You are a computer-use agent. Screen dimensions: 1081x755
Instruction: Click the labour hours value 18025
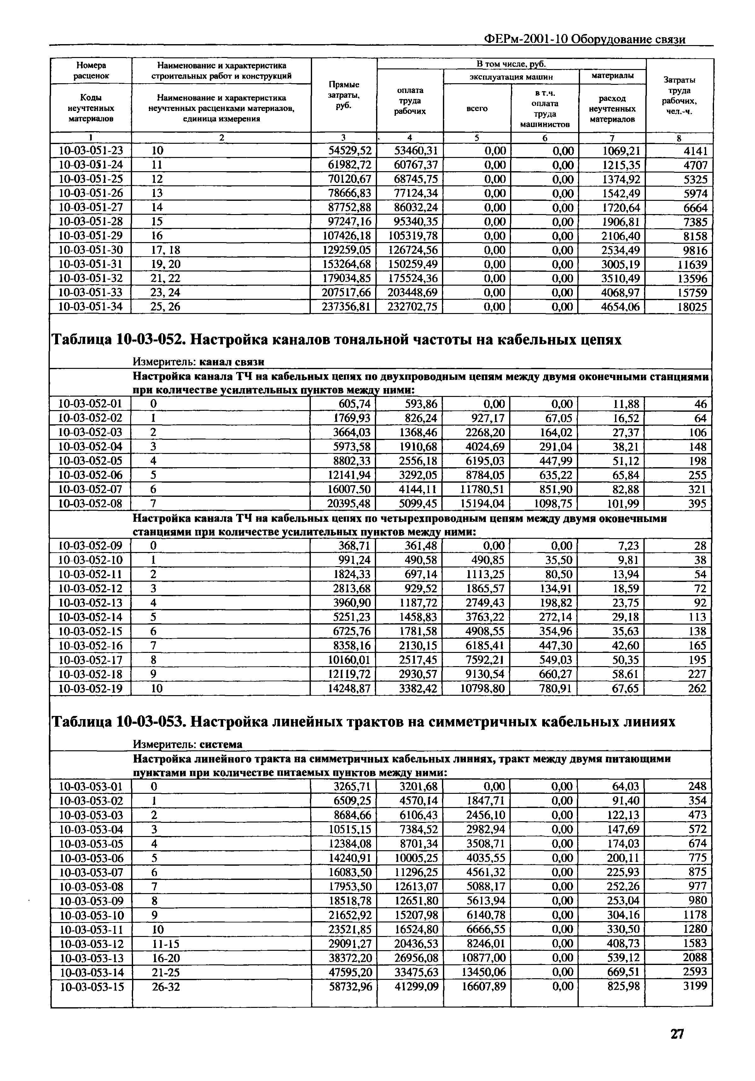tap(692, 307)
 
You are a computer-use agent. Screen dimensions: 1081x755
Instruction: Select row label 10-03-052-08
tap(90, 503)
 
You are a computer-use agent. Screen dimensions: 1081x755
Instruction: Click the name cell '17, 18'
tap(165, 250)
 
